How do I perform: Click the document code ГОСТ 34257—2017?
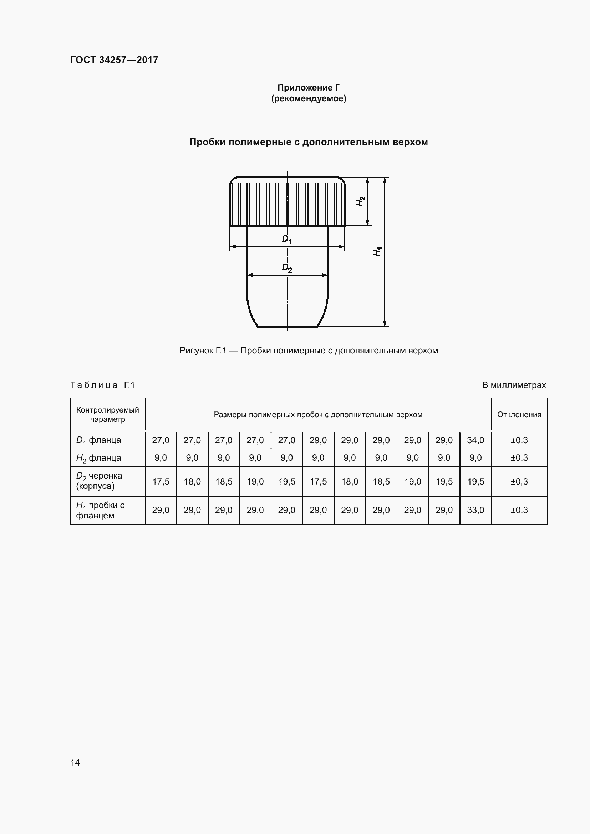(x=114, y=60)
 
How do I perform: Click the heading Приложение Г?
(x=309, y=88)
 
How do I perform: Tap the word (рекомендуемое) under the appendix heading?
(x=309, y=98)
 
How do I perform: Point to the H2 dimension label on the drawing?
(x=361, y=201)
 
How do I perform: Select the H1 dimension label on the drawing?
(x=378, y=251)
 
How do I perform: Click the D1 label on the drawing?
(x=287, y=239)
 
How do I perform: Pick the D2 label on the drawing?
(x=287, y=268)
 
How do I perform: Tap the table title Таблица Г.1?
(x=102, y=385)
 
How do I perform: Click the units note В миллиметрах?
(x=514, y=385)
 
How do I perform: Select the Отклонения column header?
(x=519, y=414)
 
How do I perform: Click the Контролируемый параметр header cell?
(x=107, y=414)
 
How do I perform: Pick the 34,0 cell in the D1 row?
(x=475, y=440)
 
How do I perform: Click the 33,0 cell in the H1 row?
(x=475, y=510)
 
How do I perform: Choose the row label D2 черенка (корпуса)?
(x=99, y=481)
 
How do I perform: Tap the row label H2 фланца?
(x=98, y=458)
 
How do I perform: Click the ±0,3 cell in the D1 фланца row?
(x=519, y=440)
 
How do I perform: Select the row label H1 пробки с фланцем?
(x=100, y=510)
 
